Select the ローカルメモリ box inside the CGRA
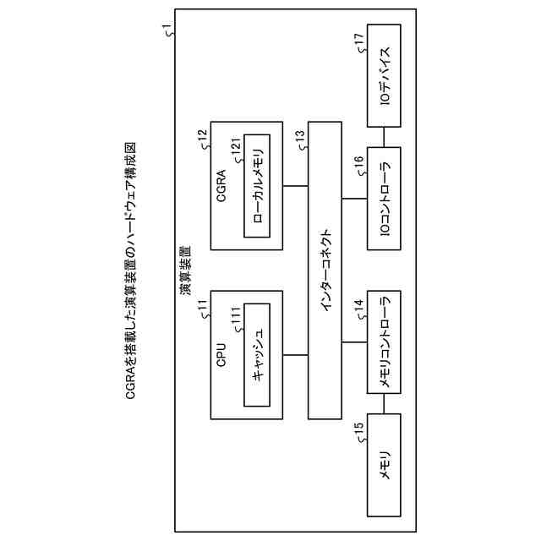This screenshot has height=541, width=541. [x=257, y=185]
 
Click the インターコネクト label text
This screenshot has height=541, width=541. [x=328, y=271]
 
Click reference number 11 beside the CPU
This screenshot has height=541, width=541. [x=203, y=306]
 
